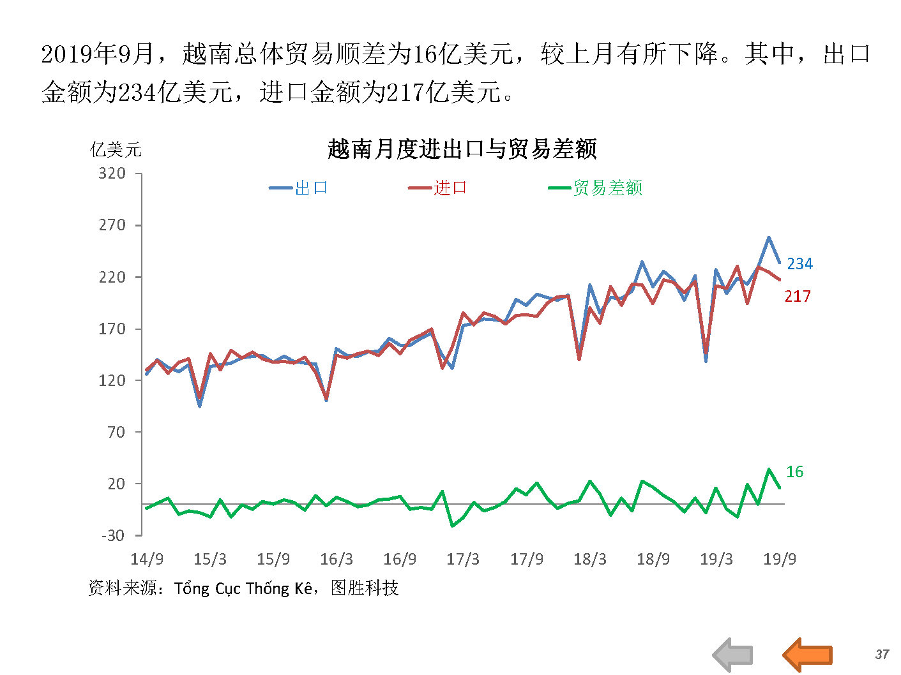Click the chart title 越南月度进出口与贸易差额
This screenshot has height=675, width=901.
(462, 149)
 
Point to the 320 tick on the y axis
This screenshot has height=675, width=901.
(112, 174)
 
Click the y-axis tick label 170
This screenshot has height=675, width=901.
(112, 329)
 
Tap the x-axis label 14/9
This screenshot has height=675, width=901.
(147, 560)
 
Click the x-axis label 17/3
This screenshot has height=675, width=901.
(463, 560)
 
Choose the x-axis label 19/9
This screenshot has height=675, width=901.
(780, 560)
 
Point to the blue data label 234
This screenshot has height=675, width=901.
(799, 263)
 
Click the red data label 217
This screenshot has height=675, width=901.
(798, 296)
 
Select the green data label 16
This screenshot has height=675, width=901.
(794, 471)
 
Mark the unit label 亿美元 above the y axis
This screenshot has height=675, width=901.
(116, 150)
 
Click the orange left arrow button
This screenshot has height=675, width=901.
(808, 655)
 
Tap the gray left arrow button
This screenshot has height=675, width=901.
(733, 655)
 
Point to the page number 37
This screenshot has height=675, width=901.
(882, 655)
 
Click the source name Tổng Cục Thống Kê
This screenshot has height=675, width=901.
(243, 588)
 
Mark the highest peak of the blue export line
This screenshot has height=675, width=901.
(769, 237)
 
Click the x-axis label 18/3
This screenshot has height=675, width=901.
(589, 560)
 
